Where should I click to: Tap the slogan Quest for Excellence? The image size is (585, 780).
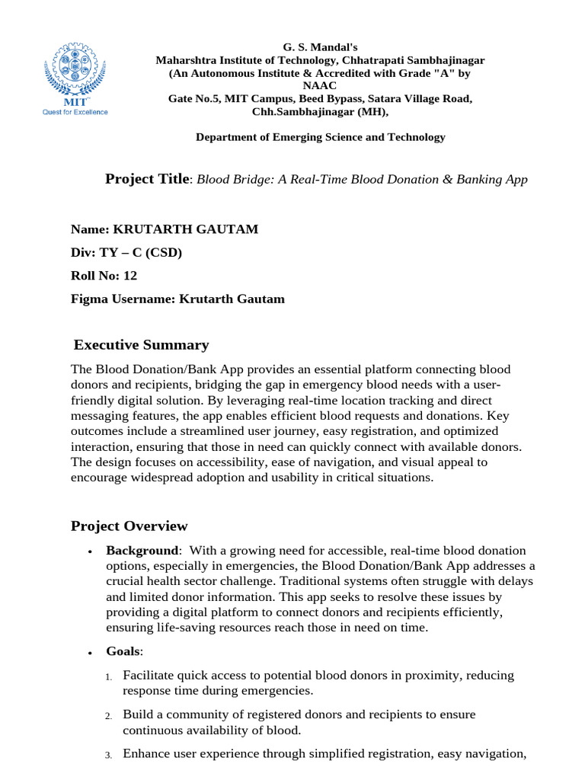click(74, 112)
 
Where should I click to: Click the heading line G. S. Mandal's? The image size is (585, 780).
click(320, 46)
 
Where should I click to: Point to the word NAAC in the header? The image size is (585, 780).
click(320, 86)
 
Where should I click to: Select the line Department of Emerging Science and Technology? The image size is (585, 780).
click(320, 137)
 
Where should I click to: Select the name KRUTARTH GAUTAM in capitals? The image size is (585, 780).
click(197, 229)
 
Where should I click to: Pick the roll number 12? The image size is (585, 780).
click(130, 276)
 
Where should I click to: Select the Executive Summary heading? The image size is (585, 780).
click(141, 345)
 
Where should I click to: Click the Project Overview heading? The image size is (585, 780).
click(129, 526)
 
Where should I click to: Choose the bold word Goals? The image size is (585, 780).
click(123, 651)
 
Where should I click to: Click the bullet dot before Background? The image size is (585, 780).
click(91, 551)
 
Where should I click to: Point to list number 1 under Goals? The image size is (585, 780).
click(109, 676)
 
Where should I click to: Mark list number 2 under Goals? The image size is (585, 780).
click(109, 716)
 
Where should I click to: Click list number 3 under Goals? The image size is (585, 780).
click(109, 755)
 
